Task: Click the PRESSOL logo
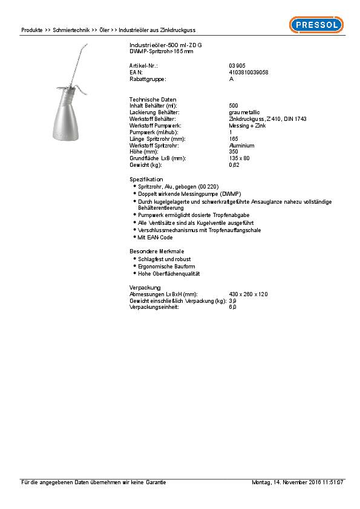[x=316, y=24]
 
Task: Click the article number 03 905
[x=237, y=65]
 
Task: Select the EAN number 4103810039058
[x=249, y=72]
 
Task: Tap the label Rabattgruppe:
[x=148, y=79]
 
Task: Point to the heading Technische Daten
[x=153, y=99]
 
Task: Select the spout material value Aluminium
[x=241, y=146]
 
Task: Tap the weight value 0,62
[x=234, y=165]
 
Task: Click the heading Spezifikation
[x=146, y=180]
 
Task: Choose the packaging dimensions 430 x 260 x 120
[x=248, y=294]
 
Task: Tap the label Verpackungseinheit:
[x=154, y=307]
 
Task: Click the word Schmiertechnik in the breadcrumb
[x=71, y=30]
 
